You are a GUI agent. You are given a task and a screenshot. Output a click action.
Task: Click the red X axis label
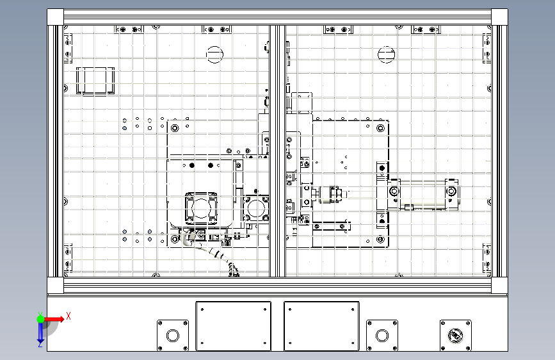[68, 316]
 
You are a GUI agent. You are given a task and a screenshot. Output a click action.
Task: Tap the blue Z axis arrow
[40, 333]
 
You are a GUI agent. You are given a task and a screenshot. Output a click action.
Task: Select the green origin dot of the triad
[40, 319]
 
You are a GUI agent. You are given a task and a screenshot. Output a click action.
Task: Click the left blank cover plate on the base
[233, 326]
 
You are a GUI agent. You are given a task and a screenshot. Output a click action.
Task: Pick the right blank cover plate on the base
[321, 326]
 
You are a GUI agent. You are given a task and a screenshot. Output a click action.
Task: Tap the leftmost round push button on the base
[173, 335]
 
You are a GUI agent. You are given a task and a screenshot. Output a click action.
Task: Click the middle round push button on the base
[382, 335]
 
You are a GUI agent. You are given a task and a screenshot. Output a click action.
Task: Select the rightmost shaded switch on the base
[456, 335]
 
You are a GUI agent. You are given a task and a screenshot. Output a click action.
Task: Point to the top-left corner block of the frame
[55, 17]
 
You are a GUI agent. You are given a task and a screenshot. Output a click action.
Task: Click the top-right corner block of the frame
[499, 17]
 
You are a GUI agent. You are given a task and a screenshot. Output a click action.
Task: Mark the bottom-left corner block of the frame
[55, 285]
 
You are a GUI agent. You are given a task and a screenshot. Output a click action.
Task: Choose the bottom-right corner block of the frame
[499, 285]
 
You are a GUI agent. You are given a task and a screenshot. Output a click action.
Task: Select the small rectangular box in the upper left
[95, 81]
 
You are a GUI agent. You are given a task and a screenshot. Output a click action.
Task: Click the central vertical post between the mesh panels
[278, 151]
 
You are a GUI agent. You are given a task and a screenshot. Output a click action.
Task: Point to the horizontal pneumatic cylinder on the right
[423, 195]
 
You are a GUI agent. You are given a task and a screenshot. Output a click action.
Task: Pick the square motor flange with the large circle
[202, 209]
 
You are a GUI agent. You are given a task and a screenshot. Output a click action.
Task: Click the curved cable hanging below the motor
[213, 254]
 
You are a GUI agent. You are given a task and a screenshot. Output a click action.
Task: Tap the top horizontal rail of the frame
[278, 17]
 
